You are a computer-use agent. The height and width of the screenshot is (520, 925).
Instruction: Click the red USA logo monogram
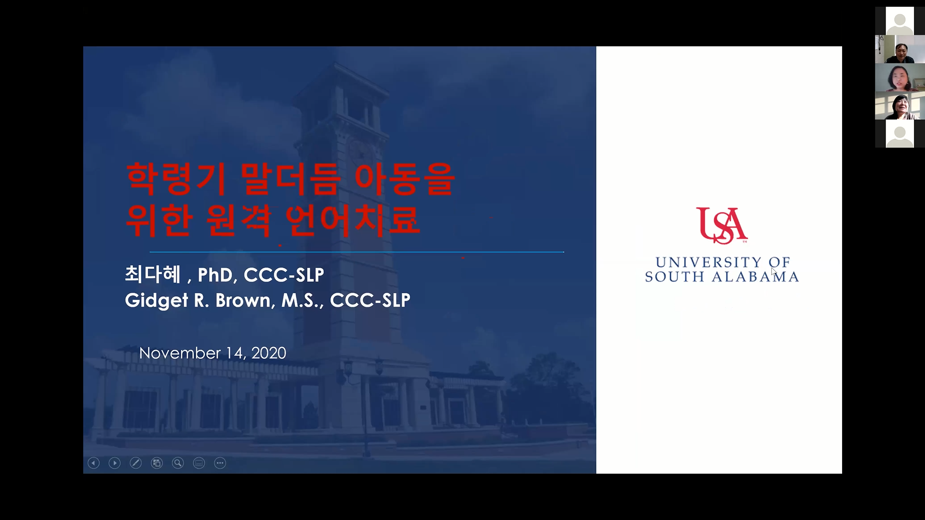pos(722,225)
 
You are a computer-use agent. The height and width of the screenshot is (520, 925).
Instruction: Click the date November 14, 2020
pos(212,353)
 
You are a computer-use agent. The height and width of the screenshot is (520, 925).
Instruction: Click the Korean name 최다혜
pos(153,274)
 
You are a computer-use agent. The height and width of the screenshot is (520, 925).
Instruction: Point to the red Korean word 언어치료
pos(352,220)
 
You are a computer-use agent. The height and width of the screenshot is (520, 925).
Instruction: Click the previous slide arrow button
pos(93,463)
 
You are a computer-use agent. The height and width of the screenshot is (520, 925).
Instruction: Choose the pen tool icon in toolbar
pos(136,463)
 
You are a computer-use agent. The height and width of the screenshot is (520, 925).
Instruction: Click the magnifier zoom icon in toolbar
pos(178,463)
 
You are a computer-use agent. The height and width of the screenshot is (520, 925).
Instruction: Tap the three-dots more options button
pos(220,463)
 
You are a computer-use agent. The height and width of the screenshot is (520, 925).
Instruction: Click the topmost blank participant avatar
pos(899,21)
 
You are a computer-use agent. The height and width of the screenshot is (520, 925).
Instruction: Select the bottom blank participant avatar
pos(899,133)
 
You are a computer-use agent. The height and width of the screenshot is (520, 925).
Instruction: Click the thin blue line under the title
pos(357,252)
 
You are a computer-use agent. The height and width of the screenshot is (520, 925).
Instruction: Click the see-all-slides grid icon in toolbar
pos(157,463)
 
